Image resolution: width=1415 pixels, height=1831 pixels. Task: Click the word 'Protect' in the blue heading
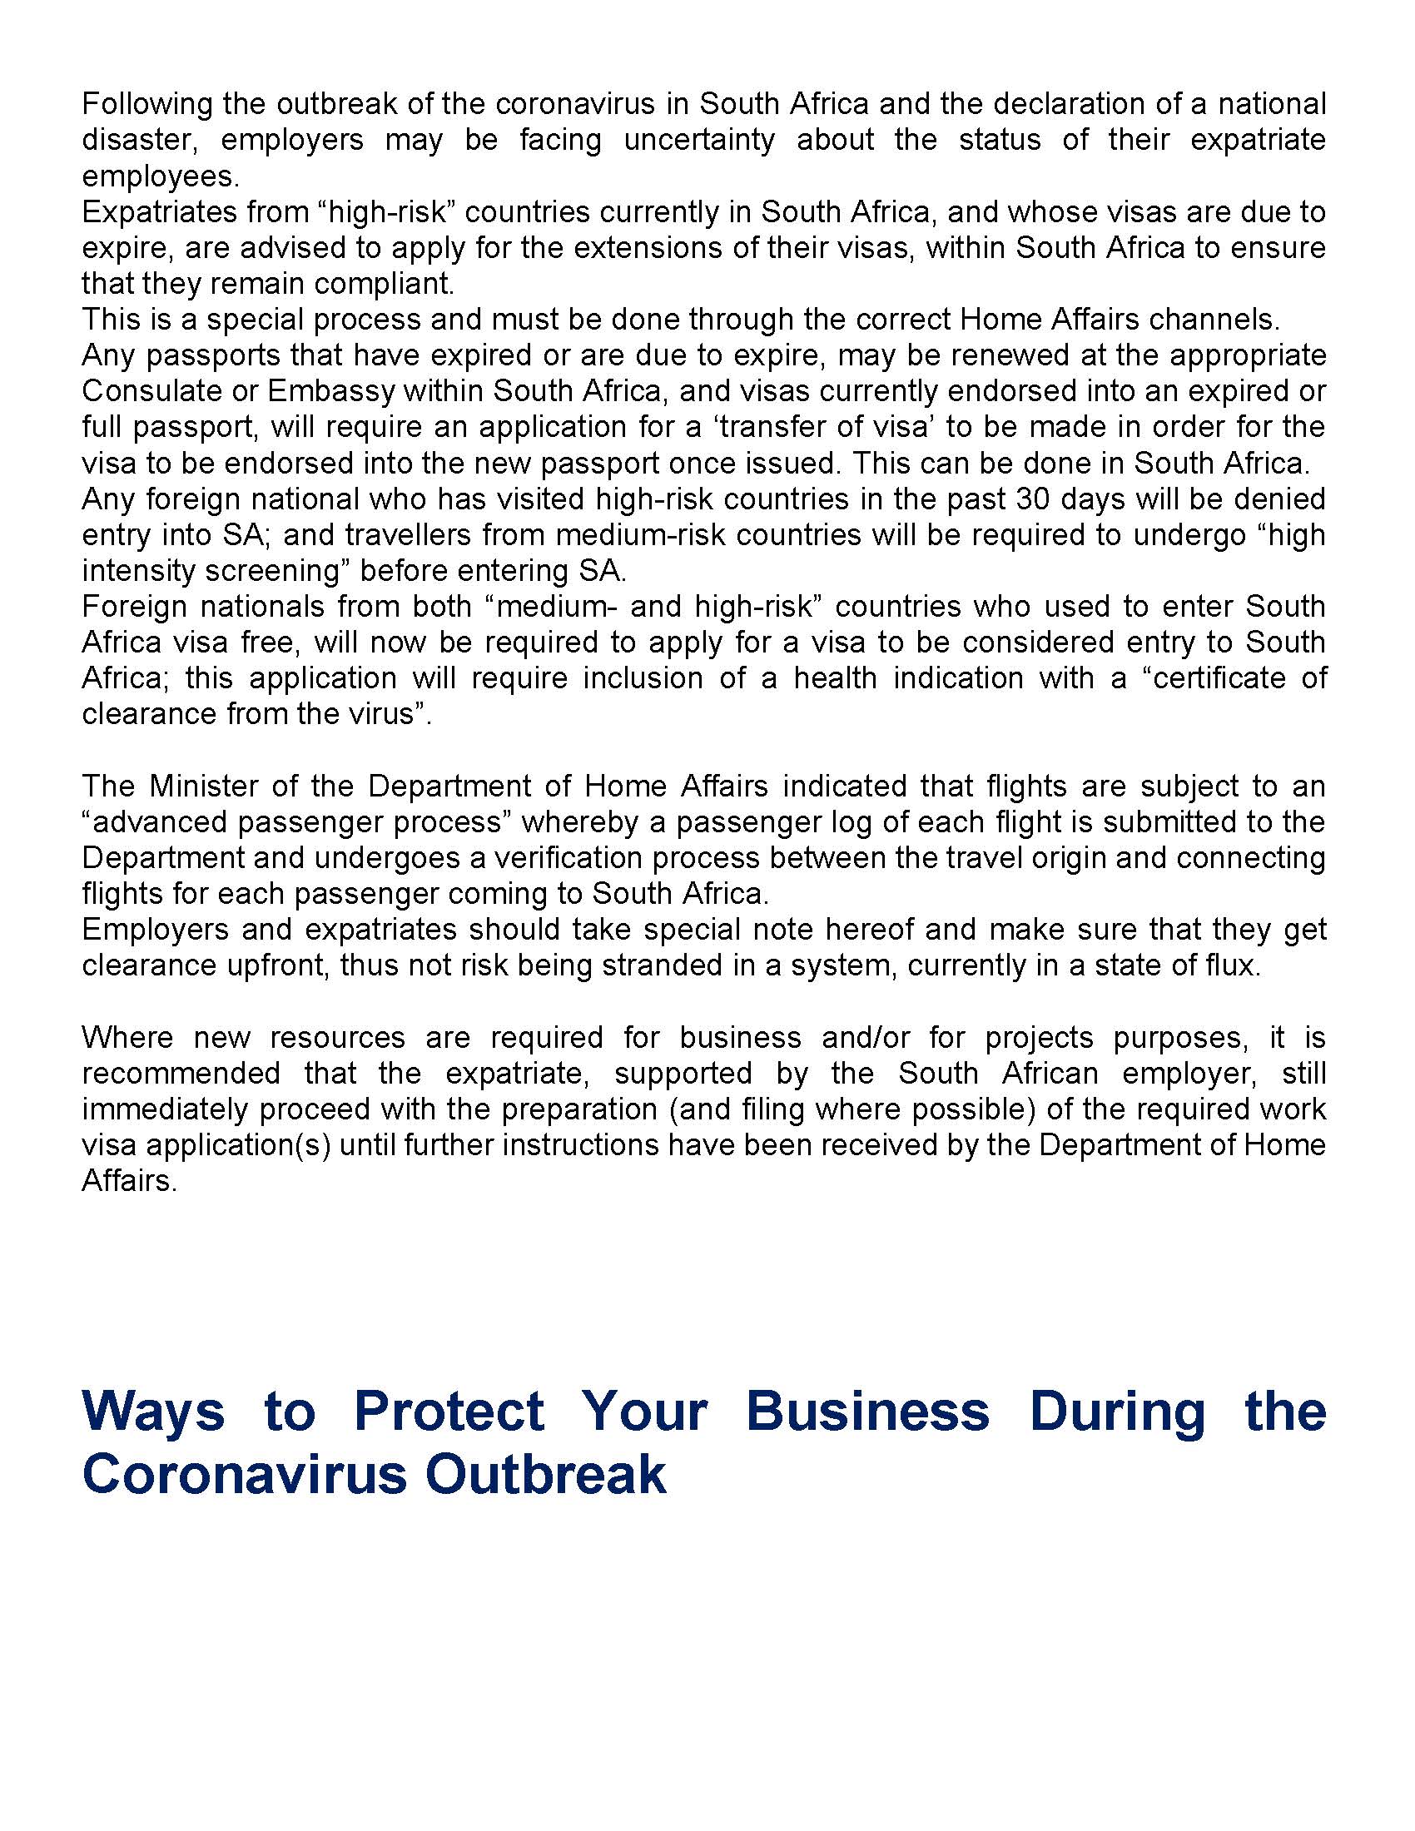pyautogui.click(x=449, y=1411)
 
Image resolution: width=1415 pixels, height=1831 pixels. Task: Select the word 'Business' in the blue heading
pyautogui.click(x=867, y=1411)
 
